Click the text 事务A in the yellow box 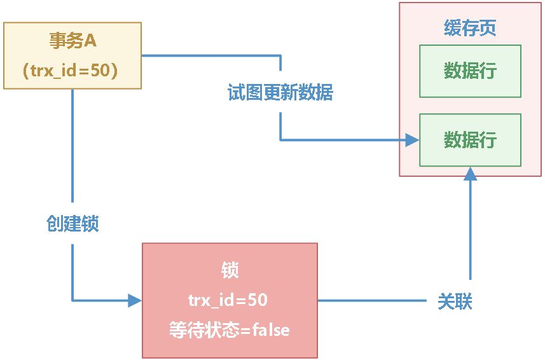point(72,41)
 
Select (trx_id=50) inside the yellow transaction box point(72,70)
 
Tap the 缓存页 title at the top point(470,28)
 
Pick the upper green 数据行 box point(470,71)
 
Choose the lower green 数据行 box point(470,140)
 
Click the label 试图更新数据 point(280,93)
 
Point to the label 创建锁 point(72,223)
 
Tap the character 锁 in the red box point(230,270)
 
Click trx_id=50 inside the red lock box point(230,300)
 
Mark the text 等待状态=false point(230,330)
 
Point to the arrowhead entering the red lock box point(134,301)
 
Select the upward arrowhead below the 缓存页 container point(470,174)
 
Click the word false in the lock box point(271,330)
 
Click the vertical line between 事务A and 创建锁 point(72,146)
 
